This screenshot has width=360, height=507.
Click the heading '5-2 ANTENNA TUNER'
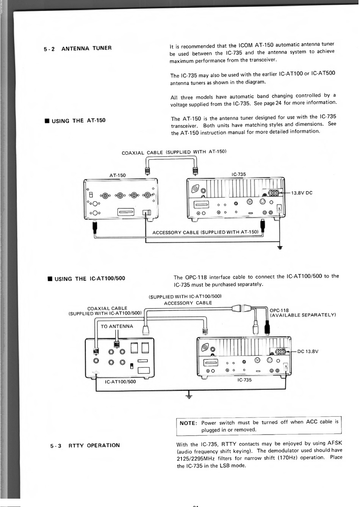(x=78, y=49)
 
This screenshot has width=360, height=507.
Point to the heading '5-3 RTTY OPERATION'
(x=85, y=445)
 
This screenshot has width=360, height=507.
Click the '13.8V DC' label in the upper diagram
(x=302, y=193)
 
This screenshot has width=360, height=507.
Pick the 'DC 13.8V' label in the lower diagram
(x=308, y=351)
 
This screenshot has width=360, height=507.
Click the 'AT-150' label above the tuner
(x=117, y=175)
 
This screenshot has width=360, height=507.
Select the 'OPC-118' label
(x=279, y=310)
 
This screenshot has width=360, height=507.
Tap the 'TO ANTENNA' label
(x=117, y=326)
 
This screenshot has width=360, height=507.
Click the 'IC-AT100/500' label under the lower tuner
(x=120, y=382)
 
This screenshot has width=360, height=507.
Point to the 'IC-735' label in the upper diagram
(x=238, y=174)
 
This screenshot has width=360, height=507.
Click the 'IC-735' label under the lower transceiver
(x=244, y=380)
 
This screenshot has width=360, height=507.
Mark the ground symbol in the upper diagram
(x=280, y=248)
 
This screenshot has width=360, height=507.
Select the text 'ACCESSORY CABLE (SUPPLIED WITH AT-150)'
(x=205, y=232)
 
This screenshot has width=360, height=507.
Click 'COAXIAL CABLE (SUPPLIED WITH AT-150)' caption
(x=174, y=152)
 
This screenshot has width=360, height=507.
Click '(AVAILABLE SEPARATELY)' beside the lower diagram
(x=303, y=315)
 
